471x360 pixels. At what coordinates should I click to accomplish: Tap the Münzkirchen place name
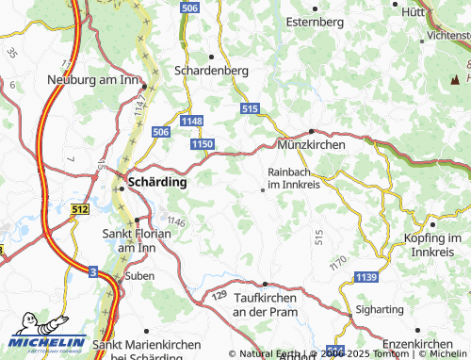click(x=312, y=145)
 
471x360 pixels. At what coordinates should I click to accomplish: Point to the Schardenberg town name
click(x=212, y=70)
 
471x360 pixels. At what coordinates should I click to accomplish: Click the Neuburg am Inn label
click(x=93, y=80)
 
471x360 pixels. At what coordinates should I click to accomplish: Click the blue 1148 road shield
click(x=192, y=121)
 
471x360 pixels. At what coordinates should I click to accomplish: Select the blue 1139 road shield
click(x=367, y=276)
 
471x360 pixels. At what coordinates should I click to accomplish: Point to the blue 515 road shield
click(x=250, y=110)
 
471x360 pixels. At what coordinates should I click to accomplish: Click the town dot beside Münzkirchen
click(x=312, y=131)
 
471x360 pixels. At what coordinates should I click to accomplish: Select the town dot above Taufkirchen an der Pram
click(x=266, y=284)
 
